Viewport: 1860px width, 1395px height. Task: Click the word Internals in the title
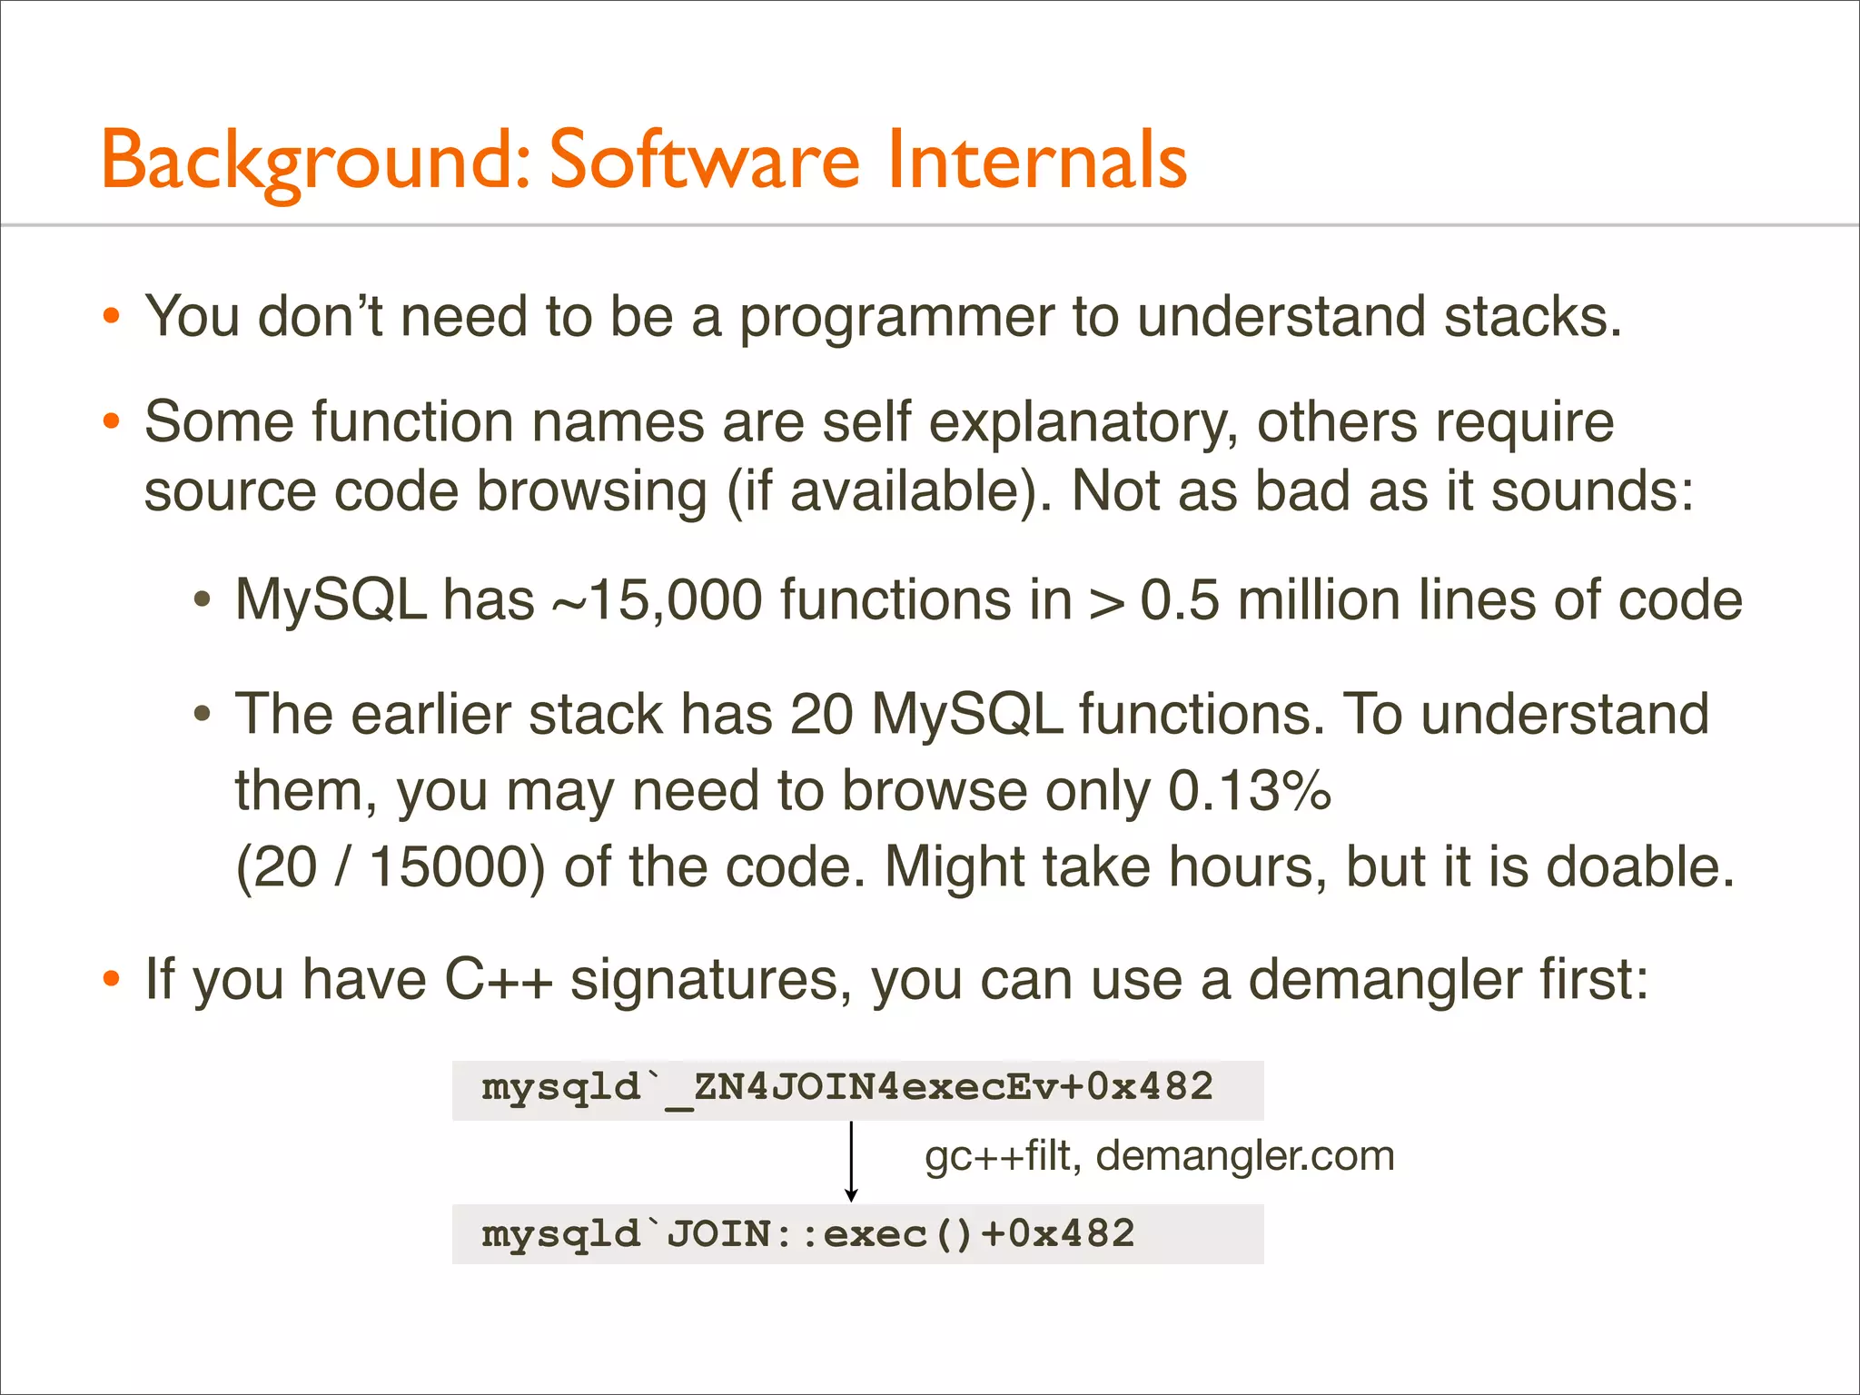[1036, 160]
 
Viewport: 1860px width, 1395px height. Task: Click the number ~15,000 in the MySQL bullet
[657, 600]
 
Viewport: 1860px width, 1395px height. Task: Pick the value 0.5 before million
[1179, 600]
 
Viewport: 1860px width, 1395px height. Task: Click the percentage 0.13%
[1249, 790]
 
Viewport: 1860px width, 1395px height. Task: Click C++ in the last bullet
[498, 980]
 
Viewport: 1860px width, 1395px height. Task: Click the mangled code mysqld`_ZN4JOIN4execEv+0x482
[846, 1088]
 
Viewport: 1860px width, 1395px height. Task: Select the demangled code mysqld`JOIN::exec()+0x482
[807, 1234]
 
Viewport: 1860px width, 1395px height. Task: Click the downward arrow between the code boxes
[851, 1162]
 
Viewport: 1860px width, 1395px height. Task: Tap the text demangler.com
[1244, 1156]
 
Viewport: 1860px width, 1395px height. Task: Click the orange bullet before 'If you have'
[111, 980]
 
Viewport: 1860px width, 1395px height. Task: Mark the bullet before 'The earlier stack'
[203, 714]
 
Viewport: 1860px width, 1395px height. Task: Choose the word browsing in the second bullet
[591, 491]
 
